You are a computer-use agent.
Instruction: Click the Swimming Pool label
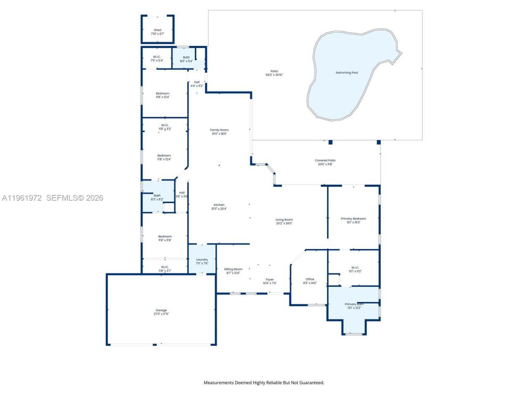[346, 73]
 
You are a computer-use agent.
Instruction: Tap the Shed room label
[158, 30]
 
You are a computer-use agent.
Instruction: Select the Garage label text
[161, 310]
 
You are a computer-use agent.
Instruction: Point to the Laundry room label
[202, 259]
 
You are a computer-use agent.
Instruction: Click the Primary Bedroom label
[354, 219]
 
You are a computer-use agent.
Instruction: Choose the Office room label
[310, 279]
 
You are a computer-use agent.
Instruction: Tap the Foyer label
[270, 280]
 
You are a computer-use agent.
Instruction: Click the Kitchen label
[219, 205]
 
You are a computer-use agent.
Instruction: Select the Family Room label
[219, 130]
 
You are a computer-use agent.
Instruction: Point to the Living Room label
[284, 220]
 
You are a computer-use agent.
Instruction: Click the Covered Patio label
[325, 160]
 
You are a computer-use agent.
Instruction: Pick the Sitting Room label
[233, 269]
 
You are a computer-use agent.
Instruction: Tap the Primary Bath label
[354, 304]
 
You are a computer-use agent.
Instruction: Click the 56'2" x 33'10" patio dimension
[274, 75]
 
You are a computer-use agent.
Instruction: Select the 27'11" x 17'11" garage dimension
[161, 314]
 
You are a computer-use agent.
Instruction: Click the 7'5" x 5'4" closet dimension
[157, 61]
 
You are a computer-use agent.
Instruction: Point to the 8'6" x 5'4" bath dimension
[186, 61]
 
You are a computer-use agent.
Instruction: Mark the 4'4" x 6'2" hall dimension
[197, 86]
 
